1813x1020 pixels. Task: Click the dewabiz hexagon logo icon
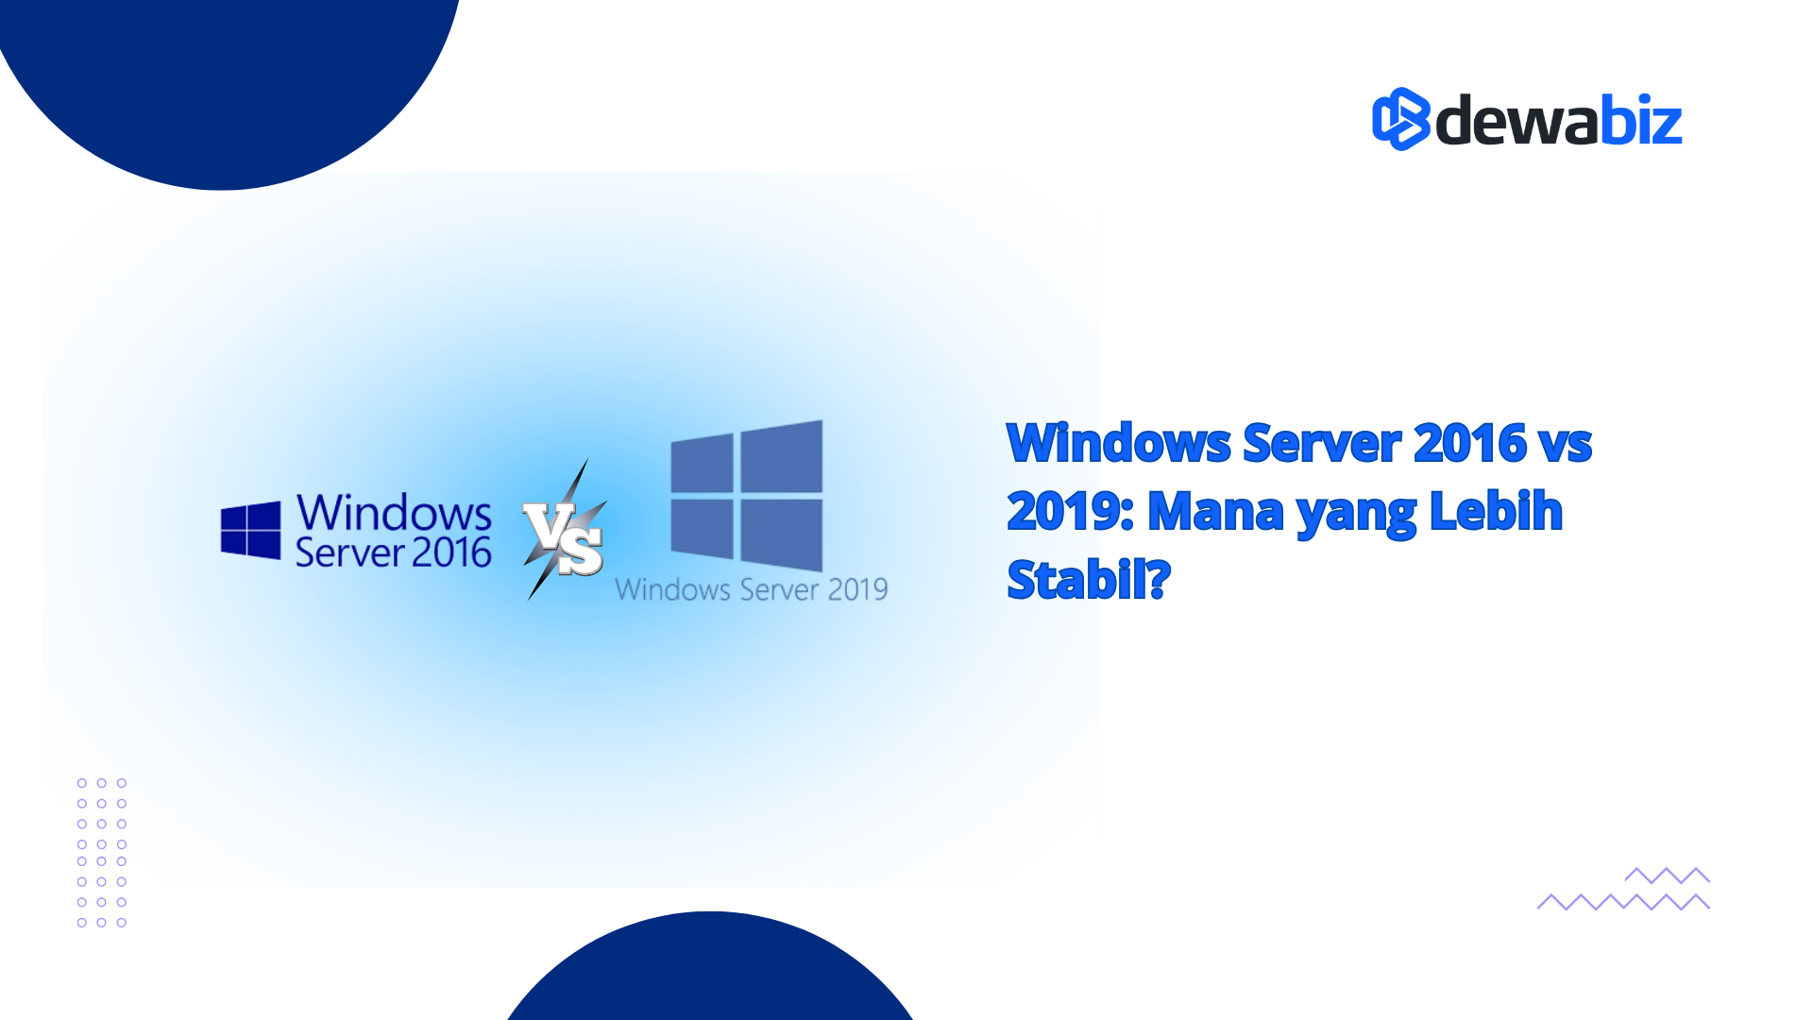1401,119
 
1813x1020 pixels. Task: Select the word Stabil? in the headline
1089,579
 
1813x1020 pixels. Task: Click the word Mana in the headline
1216,511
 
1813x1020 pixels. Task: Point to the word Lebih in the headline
1496,511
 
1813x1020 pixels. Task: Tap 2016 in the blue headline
1469,443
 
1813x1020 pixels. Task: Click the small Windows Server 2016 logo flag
250,531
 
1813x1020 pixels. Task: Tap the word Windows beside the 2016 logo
394,513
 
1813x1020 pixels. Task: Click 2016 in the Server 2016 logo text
451,552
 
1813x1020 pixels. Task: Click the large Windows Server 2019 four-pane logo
746,495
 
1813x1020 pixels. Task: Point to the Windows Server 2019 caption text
752,589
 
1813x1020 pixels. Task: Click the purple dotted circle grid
102,853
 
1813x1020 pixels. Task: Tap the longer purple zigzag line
1623,902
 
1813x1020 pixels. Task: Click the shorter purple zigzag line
1668,875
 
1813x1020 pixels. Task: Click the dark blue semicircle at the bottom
710,967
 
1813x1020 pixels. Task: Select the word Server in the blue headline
1322,443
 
